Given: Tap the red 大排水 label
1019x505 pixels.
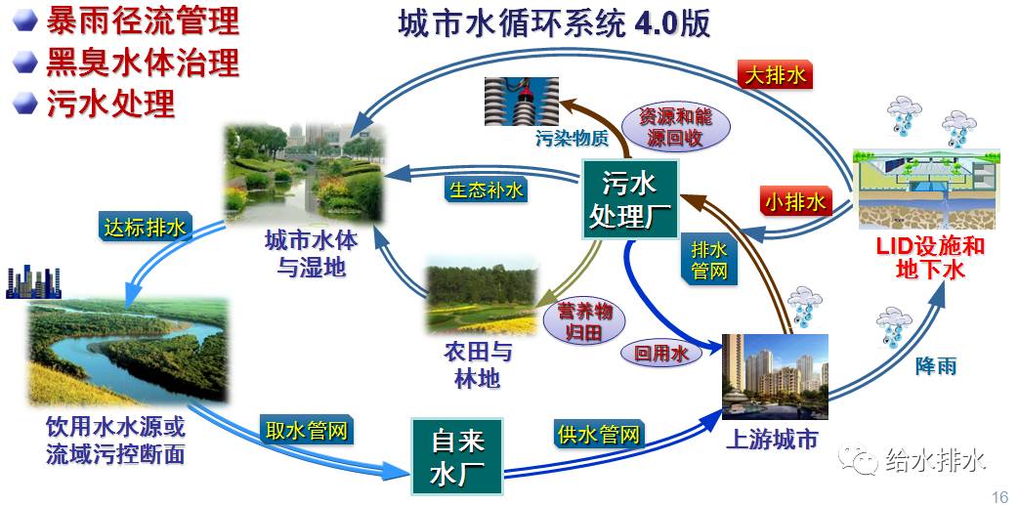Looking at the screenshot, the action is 775,74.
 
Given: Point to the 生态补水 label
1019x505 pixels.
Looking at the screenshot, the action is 486,189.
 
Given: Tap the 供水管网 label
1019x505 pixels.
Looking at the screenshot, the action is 598,433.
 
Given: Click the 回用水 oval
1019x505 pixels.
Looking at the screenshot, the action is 661,353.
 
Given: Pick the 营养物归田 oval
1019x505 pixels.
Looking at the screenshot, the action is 585,321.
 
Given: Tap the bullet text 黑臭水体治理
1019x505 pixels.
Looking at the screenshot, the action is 142,63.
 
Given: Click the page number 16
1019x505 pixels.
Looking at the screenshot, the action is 998,494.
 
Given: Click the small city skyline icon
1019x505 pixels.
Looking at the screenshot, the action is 32,281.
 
